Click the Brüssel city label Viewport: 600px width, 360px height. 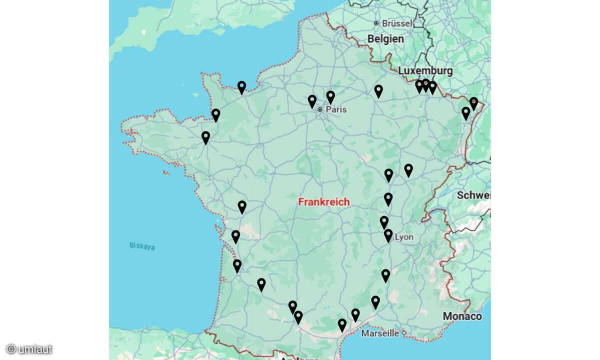click(x=397, y=23)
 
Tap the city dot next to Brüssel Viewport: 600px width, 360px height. click(x=376, y=23)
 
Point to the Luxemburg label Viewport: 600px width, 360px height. click(x=425, y=70)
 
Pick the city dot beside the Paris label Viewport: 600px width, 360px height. click(x=320, y=109)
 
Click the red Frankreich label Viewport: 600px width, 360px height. click(x=324, y=202)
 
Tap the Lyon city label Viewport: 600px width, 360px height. click(x=404, y=237)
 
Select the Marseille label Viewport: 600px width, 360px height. click(x=380, y=333)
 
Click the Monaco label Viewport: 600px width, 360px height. click(x=462, y=316)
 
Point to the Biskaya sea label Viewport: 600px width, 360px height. click(x=142, y=246)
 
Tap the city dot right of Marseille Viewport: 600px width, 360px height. click(x=403, y=333)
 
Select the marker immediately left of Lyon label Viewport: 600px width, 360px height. click(x=388, y=235)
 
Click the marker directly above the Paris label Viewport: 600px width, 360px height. click(x=330, y=97)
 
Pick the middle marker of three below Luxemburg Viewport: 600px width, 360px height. click(x=425, y=85)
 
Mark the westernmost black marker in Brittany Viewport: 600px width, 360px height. click(x=205, y=137)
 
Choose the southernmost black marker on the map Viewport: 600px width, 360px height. click(x=342, y=325)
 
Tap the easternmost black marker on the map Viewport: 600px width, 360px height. click(x=473, y=103)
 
